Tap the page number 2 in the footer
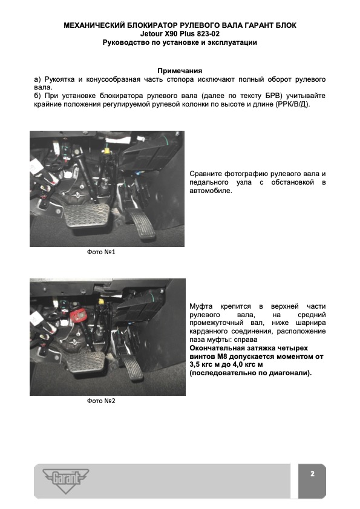(x=312, y=474)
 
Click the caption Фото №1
(x=101, y=252)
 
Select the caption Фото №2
(x=101, y=401)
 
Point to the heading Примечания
(x=180, y=71)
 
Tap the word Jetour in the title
(x=151, y=34)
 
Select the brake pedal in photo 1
(x=87, y=215)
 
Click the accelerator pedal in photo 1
(x=141, y=225)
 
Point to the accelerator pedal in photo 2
(x=131, y=369)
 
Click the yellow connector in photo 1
(x=107, y=150)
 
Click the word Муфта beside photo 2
(x=201, y=306)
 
